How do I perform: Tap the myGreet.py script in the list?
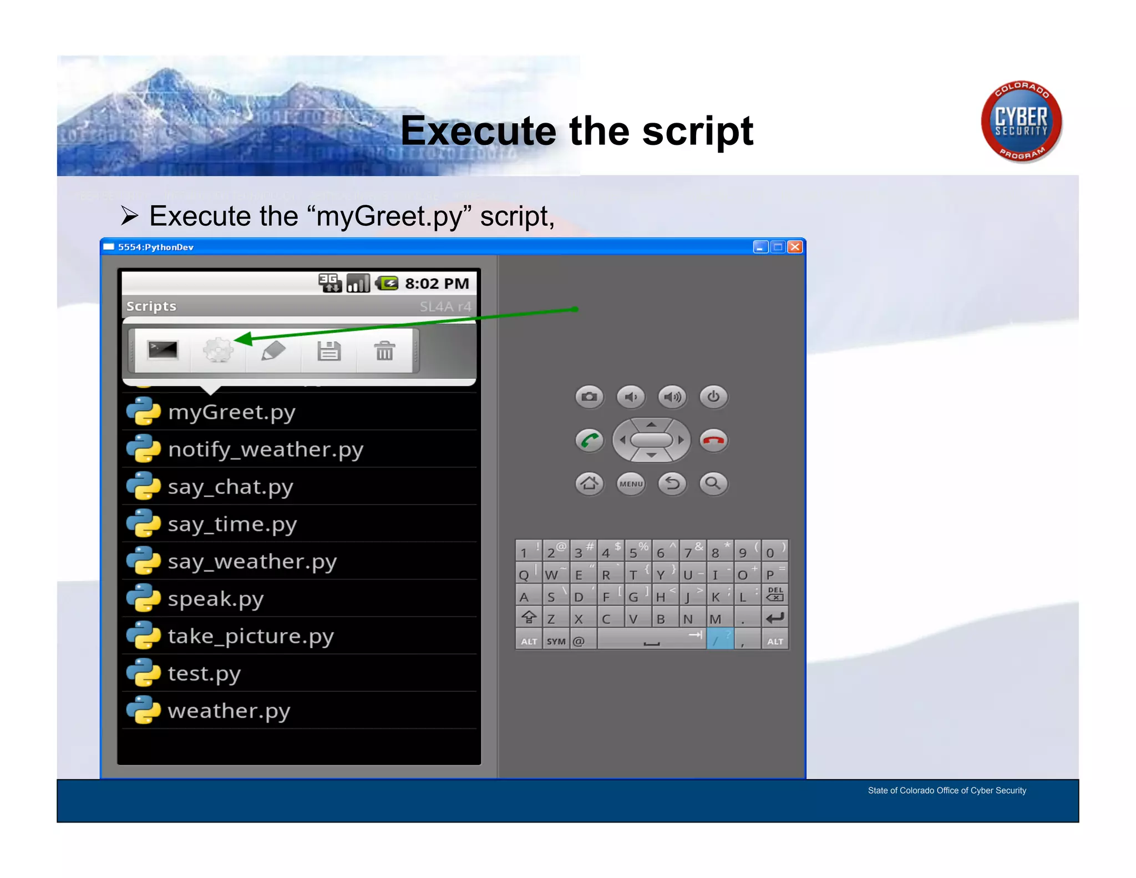pyautogui.click(x=232, y=412)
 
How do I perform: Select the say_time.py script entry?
pyautogui.click(x=232, y=524)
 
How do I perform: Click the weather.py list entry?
pyautogui.click(x=229, y=711)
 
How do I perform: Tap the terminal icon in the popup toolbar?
pyautogui.click(x=163, y=350)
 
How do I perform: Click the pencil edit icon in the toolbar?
pyautogui.click(x=273, y=351)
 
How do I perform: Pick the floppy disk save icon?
pyautogui.click(x=329, y=351)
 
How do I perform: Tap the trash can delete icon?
pyautogui.click(x=384, y=351)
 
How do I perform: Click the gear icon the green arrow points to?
pyautogui.click(x=218, y=350)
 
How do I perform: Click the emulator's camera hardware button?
pyautogui.click(x=589, y=397)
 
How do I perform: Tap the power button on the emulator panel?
pyautogui.click(x=713, y=397)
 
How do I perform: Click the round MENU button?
pyautogui.click(x=631, y=483)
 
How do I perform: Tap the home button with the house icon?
pyautogui.click(x=589, y=483)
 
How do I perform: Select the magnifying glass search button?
pyautogui.click(x=713, y=483)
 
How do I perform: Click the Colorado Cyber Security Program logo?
pyautogui.click(x=1021, y=122)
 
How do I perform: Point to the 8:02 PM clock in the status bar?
pyautogui.click(x=437, y=284)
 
